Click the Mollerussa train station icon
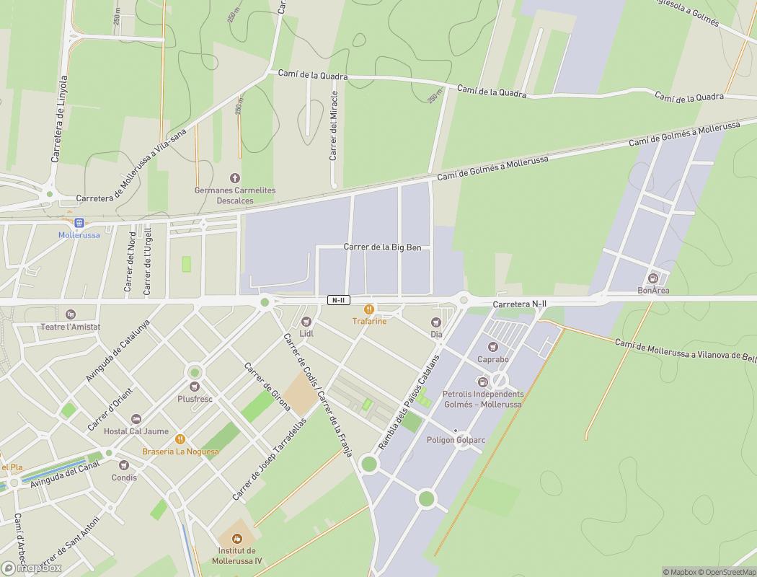(79, 223)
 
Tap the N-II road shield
(338, 300)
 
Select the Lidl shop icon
(306, 322)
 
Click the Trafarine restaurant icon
(369, 309)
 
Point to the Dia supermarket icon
(436, 322)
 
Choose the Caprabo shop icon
(493, 347)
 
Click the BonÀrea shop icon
(653, 278)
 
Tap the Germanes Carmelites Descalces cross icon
(234, 178)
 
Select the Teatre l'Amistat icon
(70, 314)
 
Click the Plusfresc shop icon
(195, 387)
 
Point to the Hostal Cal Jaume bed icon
(136, 419)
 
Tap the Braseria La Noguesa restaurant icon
(180, 439)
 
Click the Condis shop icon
(124, 465)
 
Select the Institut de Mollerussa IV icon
(237, 539)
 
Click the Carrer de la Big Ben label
(387, 247)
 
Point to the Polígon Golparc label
(456, 440)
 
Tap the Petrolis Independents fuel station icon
(483, 382)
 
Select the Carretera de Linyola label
(58, 118)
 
